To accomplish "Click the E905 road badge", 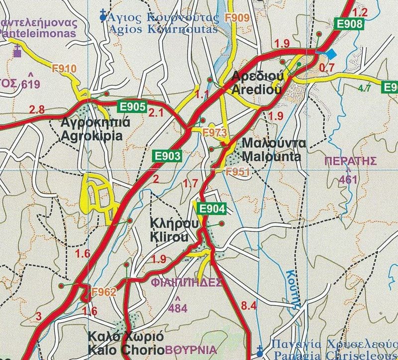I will (132, 106).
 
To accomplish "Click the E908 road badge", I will (350, 23).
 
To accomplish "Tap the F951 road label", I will (236, 172).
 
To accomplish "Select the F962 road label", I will (103, 292).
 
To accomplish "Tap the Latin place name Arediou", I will (256, 90).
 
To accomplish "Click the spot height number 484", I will (178, 308).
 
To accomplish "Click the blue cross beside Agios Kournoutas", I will (103, 16).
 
